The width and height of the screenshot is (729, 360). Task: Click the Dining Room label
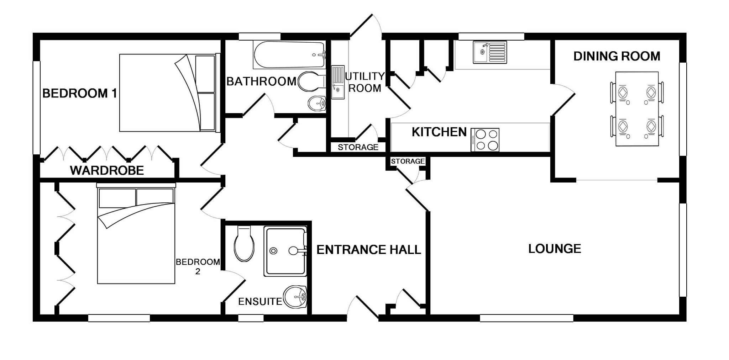pyautogui.click(x=617, y=56)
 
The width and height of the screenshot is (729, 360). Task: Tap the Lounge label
pyautogui.click(x=554, y=249)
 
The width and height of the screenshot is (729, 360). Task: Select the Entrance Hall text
pyautogui.click(x=368, y=250)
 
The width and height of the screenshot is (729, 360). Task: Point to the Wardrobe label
pyautogui.click(x=107, y=170)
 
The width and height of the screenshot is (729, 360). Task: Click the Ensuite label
pyautogui.click(x=260, y=302)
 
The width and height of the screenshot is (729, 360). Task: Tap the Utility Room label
pyautogui.click(x=365, y=82)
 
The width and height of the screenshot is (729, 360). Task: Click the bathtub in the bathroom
pyautogui.click(x=289, y=55)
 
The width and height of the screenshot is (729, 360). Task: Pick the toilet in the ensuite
pyautogui.click(x=244, y=244)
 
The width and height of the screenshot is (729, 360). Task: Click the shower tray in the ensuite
pyautogui.click(x=285, y=251)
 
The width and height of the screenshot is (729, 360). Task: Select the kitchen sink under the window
pyautogui.click(x=489, y=52)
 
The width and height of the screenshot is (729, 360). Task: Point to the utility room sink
pyautogui.click(x=338, y=82)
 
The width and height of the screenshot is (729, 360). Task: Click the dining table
pyautogui.click(x=637, y=109)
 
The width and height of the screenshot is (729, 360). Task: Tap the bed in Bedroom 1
pyautogui.click(x=167, y=93)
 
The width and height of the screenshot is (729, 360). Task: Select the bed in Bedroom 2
pyautogui.click(x=136, y=235)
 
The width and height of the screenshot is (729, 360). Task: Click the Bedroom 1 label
pyautogui.click(x=79, y=94)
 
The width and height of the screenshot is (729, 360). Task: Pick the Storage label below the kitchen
pyautogui.click(x=408, y=161)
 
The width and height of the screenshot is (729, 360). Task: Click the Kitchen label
pyautogui.click(x=439, y=132)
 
